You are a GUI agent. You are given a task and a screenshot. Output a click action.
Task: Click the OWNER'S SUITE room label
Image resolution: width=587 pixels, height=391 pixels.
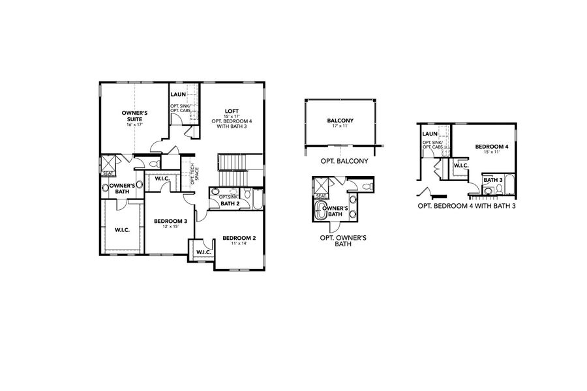[134, 115]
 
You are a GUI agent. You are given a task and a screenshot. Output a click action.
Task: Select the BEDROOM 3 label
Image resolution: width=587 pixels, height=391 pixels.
[170, 222]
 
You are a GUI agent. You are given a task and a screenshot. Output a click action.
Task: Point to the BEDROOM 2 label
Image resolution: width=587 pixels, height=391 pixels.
[239, 238]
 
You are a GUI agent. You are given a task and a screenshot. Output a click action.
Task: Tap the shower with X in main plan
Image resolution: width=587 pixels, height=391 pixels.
[108, 162]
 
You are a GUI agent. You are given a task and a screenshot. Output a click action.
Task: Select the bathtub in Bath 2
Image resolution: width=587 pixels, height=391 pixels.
[256, 198]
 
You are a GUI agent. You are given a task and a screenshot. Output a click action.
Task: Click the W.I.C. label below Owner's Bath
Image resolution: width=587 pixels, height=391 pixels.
[123, 229]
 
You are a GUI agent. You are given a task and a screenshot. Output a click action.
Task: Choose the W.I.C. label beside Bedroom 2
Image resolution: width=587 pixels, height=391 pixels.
[202, 252]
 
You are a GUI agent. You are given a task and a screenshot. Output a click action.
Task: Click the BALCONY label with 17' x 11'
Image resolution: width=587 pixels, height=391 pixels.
[340, 121]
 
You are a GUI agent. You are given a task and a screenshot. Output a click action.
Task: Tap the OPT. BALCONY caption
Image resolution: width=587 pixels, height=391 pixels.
[340, 160]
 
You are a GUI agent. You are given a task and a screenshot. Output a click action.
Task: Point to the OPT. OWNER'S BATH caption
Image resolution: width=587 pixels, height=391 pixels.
[342, 241]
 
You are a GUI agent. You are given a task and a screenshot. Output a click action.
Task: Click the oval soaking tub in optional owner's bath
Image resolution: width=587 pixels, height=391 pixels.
[322, 212]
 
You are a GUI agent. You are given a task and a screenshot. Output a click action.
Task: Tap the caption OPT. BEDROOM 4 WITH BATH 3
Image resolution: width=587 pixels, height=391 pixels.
[467, 206]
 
